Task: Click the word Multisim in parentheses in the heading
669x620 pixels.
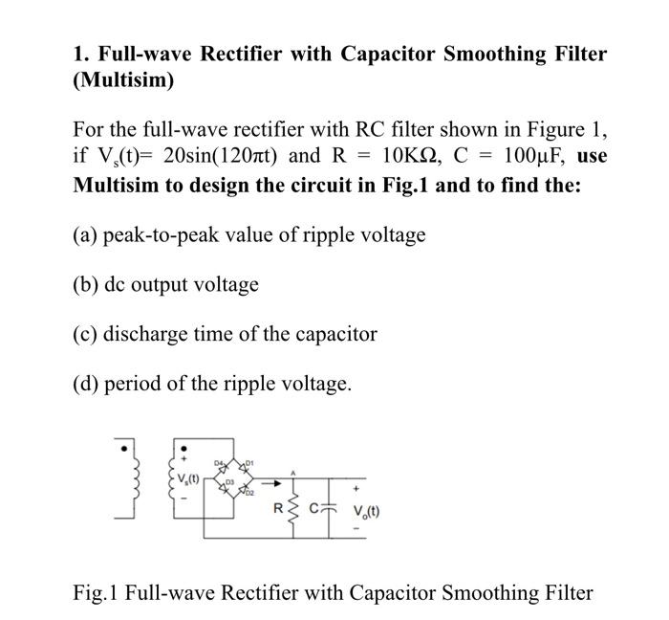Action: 123,80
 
